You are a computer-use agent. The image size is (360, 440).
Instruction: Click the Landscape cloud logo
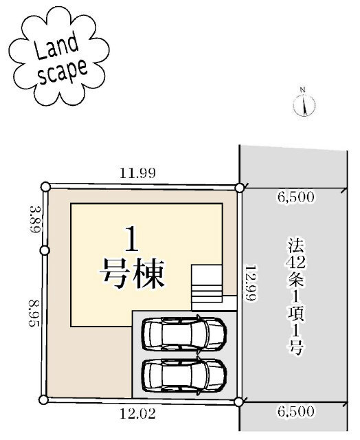point(58,59)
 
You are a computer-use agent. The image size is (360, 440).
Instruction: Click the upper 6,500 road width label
point(296,197)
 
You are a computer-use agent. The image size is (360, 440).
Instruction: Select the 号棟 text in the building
point(133,274)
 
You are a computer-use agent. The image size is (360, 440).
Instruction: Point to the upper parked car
point(183,334)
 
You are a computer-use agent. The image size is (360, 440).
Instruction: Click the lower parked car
point(183,375)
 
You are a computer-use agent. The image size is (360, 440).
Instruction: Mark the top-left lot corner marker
point(45,186)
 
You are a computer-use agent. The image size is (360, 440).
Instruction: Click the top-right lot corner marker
point(239,187)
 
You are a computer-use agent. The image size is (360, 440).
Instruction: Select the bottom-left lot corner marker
point(43,399)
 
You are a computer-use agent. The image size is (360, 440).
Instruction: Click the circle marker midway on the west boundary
point(44,250)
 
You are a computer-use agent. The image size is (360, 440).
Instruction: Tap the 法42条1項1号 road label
point(295,296)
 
